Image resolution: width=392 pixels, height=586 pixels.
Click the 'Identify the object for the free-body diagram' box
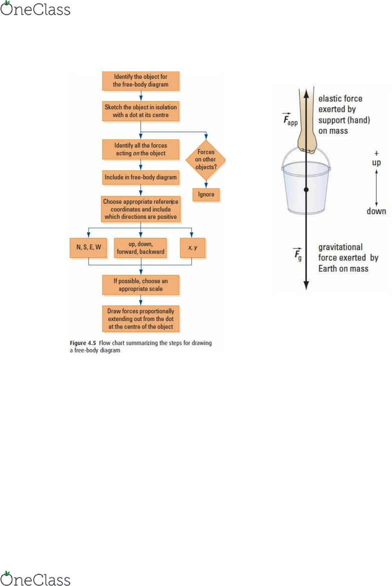tap(140, 81)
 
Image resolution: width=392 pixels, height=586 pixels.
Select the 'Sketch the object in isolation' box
tap(140, 111)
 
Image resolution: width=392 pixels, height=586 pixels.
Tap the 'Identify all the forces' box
tap(140, 149)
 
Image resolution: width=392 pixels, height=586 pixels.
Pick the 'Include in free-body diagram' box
tap(140, 177)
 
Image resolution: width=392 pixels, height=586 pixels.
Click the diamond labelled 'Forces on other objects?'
tap(205, 159)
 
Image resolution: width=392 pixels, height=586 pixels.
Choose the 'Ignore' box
tap(206, 195)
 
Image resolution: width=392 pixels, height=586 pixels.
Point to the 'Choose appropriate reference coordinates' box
tap(140, 209)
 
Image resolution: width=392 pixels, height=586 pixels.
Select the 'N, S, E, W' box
tap(88, 247)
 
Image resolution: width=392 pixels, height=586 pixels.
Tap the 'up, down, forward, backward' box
tap(140, 248)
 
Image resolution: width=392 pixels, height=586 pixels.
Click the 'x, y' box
tap(192, 248)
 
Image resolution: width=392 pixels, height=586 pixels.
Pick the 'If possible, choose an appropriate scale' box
tap(140, 285)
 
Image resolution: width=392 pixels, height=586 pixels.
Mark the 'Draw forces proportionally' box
tap(140, 319)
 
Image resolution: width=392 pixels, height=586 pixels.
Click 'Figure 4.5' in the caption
tap(83, 343)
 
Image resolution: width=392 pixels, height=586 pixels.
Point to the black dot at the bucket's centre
tap(306, 190)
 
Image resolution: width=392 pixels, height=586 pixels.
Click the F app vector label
tap(290, 119)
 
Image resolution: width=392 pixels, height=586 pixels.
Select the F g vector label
tap(297, 254)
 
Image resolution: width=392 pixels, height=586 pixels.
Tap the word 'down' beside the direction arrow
tap(376, 211)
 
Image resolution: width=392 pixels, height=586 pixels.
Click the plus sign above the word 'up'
tap(376, 153)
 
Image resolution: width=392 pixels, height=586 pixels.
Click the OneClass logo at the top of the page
tap(35, 8)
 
